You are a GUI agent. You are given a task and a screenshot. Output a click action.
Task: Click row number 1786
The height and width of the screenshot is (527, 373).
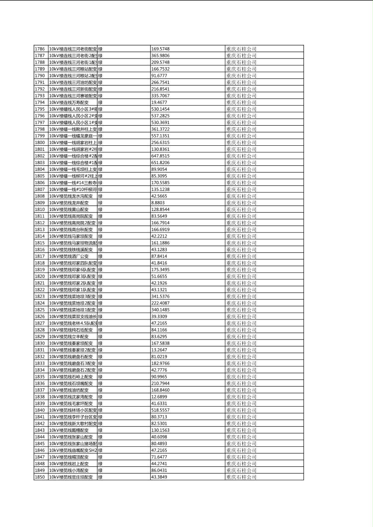[x=40, y=49]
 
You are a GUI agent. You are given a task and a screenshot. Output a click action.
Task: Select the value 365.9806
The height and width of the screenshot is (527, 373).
[x=160, y=56]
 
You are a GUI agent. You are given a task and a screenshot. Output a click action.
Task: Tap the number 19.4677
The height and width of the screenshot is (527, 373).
[x=159, y=102]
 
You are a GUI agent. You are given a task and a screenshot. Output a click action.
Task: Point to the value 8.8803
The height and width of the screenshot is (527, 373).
[x=158, y=203]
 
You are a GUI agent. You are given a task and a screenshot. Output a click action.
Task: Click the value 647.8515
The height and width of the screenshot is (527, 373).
[x=160, y=156]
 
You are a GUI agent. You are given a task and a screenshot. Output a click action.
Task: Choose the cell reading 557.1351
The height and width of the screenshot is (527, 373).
[x=160, y=136]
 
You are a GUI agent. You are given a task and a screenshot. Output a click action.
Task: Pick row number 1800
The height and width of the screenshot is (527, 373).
[x=40, y=142]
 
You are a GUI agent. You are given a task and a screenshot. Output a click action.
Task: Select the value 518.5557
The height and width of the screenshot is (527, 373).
[x=160, y=410]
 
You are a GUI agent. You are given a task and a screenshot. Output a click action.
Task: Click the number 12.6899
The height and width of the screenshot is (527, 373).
[x=159, y=397]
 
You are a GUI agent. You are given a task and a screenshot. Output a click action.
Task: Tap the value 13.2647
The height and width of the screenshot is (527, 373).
[x=159, y=350]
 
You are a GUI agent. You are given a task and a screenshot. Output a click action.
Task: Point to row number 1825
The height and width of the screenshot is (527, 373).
[x=40, y=310]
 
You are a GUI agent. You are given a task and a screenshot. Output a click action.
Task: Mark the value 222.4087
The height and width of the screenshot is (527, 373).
[x=160, y=303]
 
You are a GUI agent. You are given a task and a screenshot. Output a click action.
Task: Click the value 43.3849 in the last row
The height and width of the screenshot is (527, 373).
[x=159, y=477]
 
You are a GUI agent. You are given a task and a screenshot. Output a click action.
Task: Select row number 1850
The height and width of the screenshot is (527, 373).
[x=40, y=477]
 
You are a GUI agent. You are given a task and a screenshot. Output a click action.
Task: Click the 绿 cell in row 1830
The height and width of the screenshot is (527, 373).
[x=100, y=343]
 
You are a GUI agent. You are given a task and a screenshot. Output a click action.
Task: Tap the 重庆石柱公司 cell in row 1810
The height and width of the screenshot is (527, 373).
[x=241, y=209]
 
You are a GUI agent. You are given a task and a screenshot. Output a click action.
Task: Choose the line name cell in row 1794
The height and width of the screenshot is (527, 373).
[x=69, y=102]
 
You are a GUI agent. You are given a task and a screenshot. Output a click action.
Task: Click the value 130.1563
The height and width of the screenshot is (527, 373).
[x=160, y=430]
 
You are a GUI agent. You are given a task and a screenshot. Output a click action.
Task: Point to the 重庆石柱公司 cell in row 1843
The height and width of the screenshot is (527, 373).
[x=241, y=430]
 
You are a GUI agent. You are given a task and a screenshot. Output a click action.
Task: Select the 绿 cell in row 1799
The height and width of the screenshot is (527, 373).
[x=100, y=136]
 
